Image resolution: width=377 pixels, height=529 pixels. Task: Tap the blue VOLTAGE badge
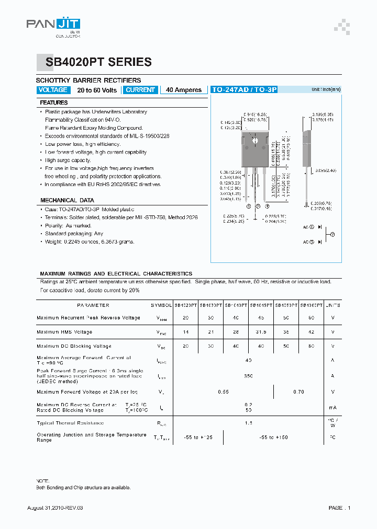point(53,90)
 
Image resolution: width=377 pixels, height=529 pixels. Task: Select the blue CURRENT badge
point(140,90)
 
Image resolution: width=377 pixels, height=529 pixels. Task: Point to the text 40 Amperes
point(184,90)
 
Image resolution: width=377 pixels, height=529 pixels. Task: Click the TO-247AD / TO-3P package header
point(243,90)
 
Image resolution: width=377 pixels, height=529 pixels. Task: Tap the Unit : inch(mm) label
point(326,89)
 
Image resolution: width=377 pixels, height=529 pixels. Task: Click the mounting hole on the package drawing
point(256,140)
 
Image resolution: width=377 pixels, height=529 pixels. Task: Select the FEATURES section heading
point(54,103)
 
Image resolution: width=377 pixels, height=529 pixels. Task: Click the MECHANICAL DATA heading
point(67,200)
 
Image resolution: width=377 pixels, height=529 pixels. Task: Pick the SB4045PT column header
point(261,305)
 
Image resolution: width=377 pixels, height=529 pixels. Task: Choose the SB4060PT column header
point(311,305)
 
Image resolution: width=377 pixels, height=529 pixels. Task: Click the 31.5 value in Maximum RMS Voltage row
point(261,332)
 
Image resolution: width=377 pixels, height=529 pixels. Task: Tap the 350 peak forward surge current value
point(248,376)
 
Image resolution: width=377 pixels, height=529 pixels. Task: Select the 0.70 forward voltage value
point(298,391)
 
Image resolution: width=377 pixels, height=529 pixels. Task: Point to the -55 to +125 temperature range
point(198,438)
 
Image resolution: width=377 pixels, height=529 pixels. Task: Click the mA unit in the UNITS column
point(332,408)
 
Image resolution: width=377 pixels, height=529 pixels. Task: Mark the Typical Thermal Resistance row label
point(70,423)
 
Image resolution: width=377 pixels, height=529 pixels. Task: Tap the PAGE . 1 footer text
point(339,508)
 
